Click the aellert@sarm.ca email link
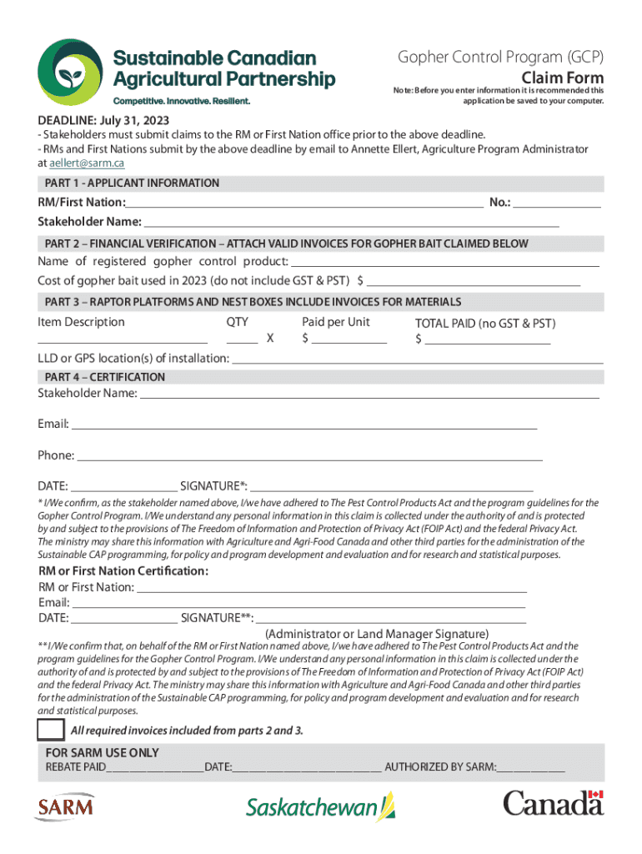tap(87, 163)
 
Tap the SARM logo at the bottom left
tap(65, 806)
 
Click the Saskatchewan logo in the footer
tap(320, 807)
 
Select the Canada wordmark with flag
tap(553, 804)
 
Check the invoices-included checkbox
tap(51, 730)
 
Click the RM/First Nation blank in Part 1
tap(304, 203)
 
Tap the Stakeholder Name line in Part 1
tap(350, 223)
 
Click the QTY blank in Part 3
tap(242, 339)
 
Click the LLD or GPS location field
tap(417, 359)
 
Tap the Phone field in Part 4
tap(309, 456)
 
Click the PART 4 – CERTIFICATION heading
tap(105, 377)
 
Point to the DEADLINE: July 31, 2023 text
tap(103, 120)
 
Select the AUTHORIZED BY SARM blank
tap(531, 767)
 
